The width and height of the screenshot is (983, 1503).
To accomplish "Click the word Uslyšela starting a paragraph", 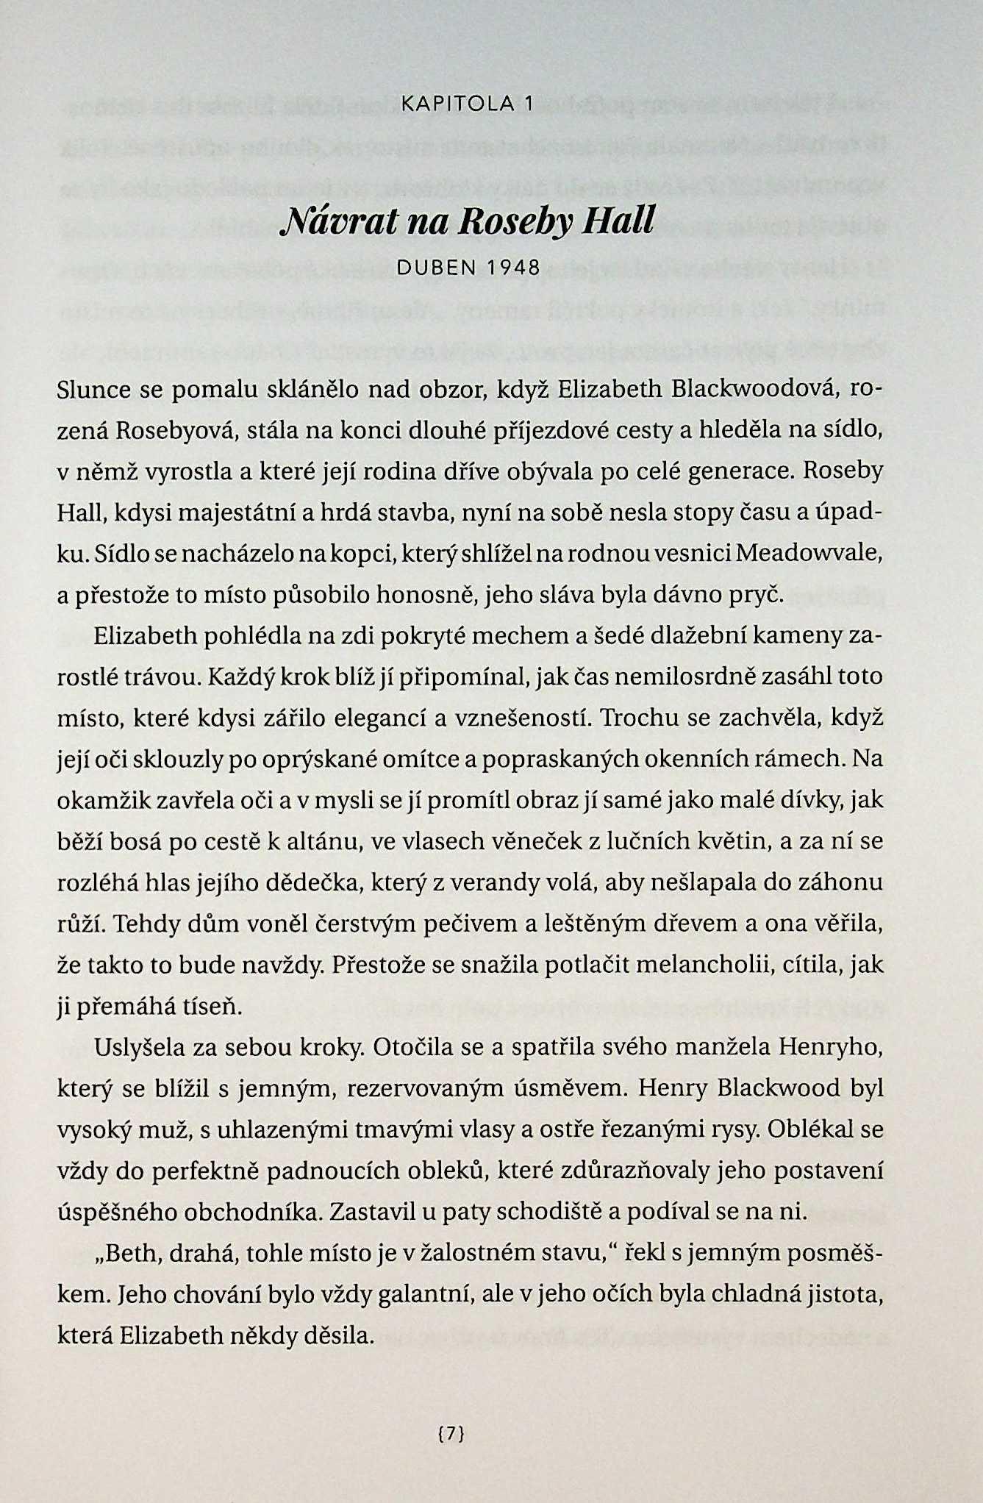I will point(140,1047).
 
